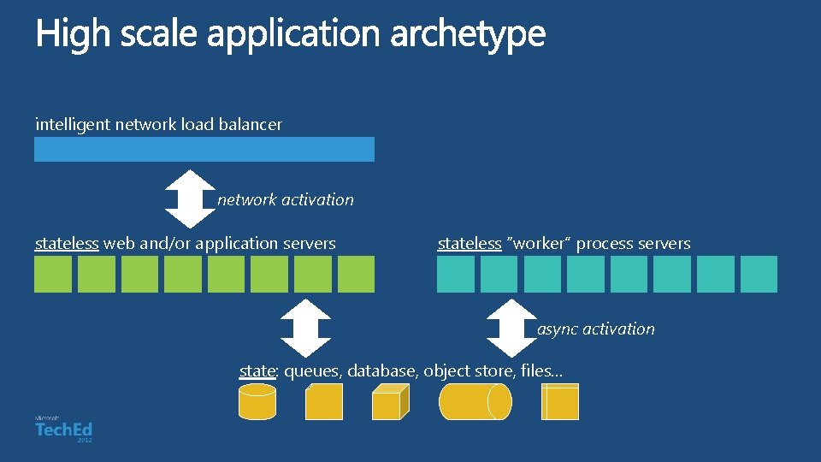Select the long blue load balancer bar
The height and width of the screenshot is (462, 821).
tap(204, 149)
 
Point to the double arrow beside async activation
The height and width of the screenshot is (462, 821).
tap(511, 328)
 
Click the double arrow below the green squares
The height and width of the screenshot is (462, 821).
tap(305, 328)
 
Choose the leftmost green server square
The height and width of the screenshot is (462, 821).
tap(53, 275)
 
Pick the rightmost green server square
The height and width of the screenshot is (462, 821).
tap(356, 275)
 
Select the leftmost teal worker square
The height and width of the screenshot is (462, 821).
tap(456, 275)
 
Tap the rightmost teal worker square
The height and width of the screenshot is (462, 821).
tap(759, 275)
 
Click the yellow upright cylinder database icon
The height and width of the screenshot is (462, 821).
tap(257, 401)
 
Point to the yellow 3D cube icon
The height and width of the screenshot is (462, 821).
tap(391, 401)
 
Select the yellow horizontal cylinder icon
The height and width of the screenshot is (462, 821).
tap(475, 401)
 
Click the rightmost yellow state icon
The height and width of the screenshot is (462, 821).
tap(560, 401)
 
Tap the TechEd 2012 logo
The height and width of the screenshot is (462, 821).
tap(64, 429)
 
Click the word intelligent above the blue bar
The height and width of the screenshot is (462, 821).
tap(73, 125)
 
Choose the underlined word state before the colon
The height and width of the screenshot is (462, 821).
tap(257, 371)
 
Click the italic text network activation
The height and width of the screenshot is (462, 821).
tap(286, 200)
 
